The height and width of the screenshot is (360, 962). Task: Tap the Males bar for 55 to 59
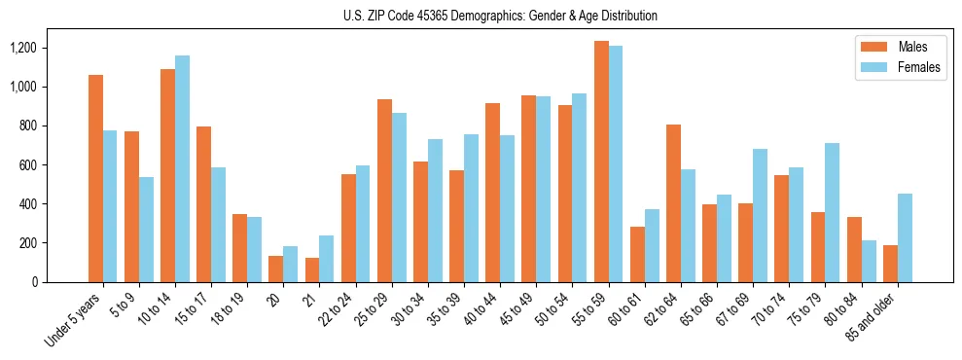[x=601, y=162]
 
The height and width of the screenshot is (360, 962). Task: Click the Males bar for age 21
[x=312, y=270]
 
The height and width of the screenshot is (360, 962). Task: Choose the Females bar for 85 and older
[x=905, y=237]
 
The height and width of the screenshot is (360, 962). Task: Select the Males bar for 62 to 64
[x=673, y=203]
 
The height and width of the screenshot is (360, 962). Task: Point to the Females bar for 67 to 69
[x=760, y=215]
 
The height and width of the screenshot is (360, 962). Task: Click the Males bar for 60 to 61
[x=637, y=254]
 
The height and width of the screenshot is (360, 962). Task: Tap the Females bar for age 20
[x=291, y=264]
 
